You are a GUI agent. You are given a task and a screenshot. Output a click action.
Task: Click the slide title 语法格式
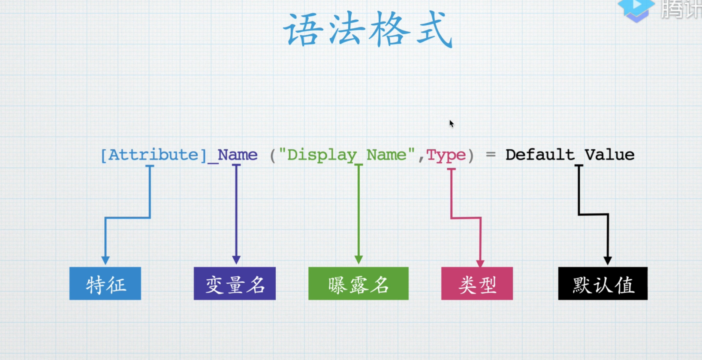pos(368,29)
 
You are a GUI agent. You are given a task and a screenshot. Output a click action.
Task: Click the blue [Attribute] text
pos(153,155)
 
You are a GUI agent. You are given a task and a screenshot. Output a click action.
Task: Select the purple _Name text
pos(233,155)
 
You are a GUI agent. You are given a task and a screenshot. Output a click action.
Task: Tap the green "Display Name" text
pos(346,155)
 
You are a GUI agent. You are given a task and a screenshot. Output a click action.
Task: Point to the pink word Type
pos(446,155)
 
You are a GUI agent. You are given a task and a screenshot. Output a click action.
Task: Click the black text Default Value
pos(570,155)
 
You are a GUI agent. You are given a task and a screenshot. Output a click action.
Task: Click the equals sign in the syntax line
pos(491,155)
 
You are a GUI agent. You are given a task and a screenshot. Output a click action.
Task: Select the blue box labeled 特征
pos(105,284)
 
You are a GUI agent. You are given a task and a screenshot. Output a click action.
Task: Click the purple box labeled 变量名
pos(235,284)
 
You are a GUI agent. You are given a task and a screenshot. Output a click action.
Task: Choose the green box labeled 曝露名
pos(359,284)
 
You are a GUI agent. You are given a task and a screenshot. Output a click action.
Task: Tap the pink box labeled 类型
pos(477,284)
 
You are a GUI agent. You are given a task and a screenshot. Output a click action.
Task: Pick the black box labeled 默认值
pos(603,284)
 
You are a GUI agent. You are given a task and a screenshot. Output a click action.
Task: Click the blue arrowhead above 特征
pos(105,260)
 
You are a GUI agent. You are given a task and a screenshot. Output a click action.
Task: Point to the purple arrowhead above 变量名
pos(236,260)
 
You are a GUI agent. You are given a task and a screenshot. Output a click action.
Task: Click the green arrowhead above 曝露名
pos(359,260)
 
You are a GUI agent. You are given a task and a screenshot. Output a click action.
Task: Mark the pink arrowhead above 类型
pos(480,263)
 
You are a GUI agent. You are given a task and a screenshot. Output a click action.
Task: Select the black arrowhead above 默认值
pos(608,260)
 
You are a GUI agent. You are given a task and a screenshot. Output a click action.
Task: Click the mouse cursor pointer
pos(451,124)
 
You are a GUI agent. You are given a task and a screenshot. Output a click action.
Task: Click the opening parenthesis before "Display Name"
pos(273,155)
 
